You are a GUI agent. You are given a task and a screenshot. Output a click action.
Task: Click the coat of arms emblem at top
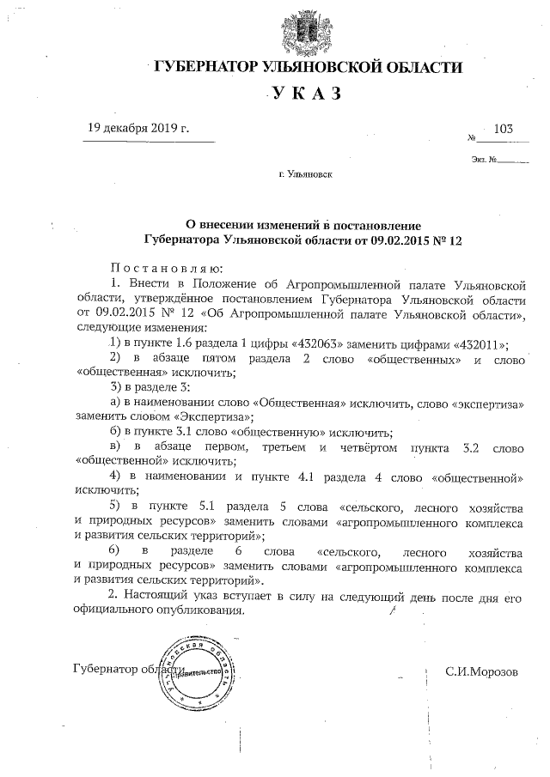(305, 30)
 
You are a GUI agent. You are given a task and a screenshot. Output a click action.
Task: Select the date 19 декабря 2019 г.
(137, 128)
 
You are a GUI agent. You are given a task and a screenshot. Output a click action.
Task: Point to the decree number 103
(504, 129)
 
